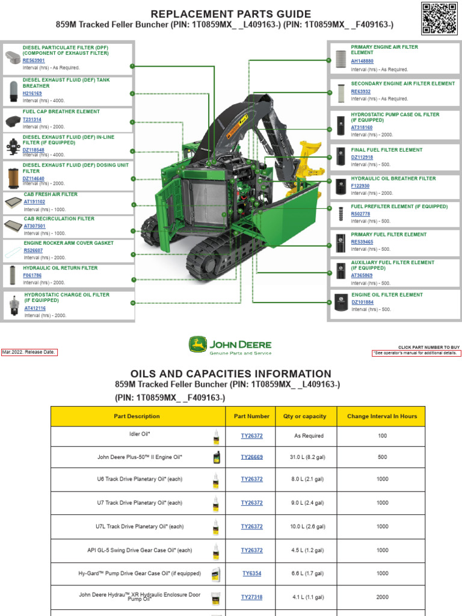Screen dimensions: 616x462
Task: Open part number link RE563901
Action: (34, 61)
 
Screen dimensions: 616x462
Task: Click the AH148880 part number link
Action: (362, 61)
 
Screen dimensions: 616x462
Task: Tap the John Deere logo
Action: (230, 345)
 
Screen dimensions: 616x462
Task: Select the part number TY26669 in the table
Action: (251, 457)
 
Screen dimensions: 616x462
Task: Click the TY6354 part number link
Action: (251, 574)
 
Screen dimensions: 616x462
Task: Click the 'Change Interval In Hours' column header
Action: (382, 416)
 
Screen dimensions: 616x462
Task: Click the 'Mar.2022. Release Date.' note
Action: (29, 353)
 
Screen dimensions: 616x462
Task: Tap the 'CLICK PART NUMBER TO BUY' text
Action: (429, 347)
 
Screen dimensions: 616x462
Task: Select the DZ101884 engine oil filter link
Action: (362, 302)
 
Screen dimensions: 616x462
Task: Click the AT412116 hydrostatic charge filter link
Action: (35, 308)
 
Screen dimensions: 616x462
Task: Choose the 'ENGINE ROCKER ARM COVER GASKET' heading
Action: (69, 243)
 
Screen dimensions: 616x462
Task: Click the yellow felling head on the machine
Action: (310, 159)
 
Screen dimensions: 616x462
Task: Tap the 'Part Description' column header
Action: (137, 416)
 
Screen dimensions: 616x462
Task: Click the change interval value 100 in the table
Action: (382, 436)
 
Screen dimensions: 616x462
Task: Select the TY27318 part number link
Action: (251, 597)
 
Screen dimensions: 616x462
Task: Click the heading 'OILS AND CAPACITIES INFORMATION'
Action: (230, 374)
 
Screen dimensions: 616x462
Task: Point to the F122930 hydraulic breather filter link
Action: (360, 186)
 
